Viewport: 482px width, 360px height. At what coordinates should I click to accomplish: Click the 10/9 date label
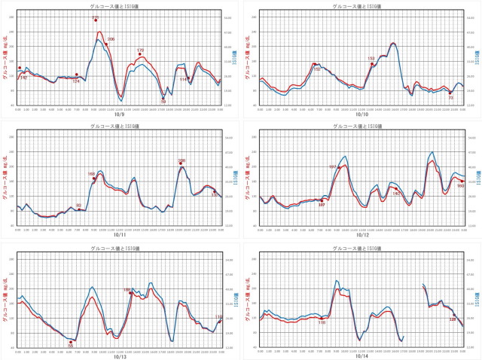pos(119,114)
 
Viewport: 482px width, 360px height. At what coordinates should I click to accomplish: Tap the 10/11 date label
pos(119,234)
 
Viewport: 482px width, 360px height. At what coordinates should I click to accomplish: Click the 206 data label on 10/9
pos(111,39)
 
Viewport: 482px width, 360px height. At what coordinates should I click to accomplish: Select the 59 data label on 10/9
pos(163,102)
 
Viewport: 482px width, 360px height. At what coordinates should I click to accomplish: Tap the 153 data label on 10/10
pos(371,58)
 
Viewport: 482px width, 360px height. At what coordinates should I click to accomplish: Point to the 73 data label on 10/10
pos(450,98)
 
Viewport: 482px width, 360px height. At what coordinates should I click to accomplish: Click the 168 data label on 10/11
pos(92,174)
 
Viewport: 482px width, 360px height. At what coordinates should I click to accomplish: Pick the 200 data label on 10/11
pos(182,160)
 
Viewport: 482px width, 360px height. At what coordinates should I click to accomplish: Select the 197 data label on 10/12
pos(333,166)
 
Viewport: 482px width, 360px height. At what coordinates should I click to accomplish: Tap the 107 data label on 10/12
pos(322,205)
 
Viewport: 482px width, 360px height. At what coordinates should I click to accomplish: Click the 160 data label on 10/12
pos(460,185)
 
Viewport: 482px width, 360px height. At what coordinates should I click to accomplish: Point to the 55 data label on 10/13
pos(71,345)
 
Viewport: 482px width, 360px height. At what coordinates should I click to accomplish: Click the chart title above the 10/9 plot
pos(119,5)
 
